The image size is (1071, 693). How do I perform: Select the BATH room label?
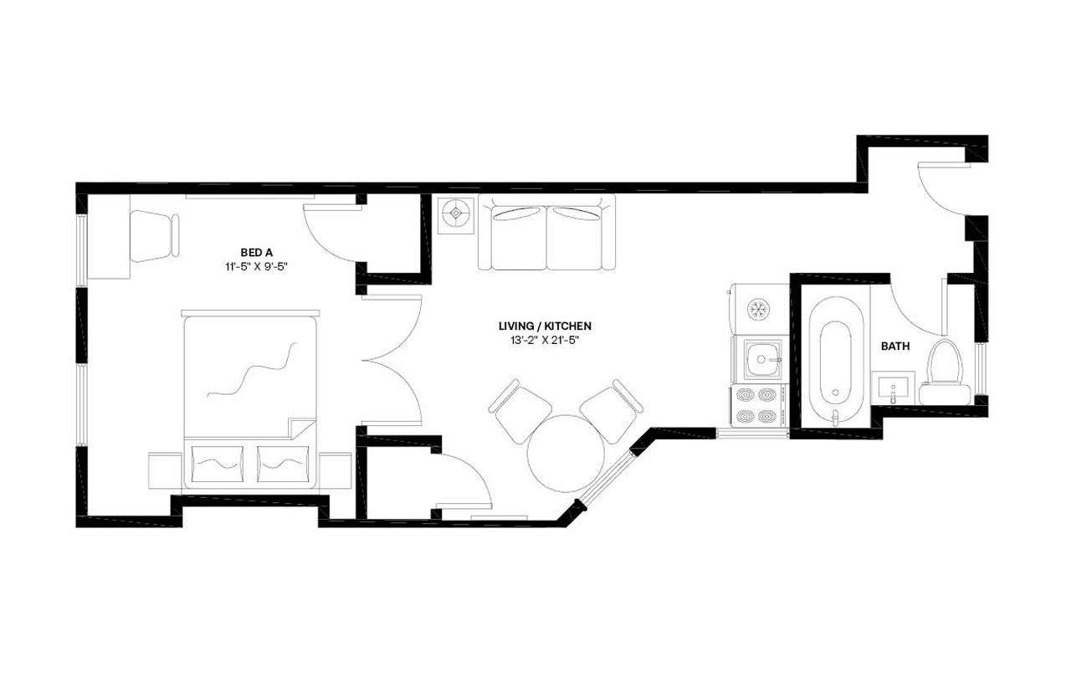pyautogui.click(x=895, y=346)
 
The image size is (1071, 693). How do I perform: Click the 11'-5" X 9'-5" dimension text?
pyautogui.click(x=254, y=267)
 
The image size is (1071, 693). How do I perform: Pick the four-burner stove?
pyautogui.click(x=759, y=405)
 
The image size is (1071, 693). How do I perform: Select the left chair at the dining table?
pyautogui.click(x=520, y=410)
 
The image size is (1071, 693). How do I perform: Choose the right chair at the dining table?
pyautogui.click(x=613, y=409)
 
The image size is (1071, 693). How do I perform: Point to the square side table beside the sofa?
pyautogui.click(x=456, y=214)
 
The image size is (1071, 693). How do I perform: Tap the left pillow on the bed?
pyautogui.click(x=218, y=463)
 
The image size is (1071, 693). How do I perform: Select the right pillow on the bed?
pyautogui.click(x=283, y=463)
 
